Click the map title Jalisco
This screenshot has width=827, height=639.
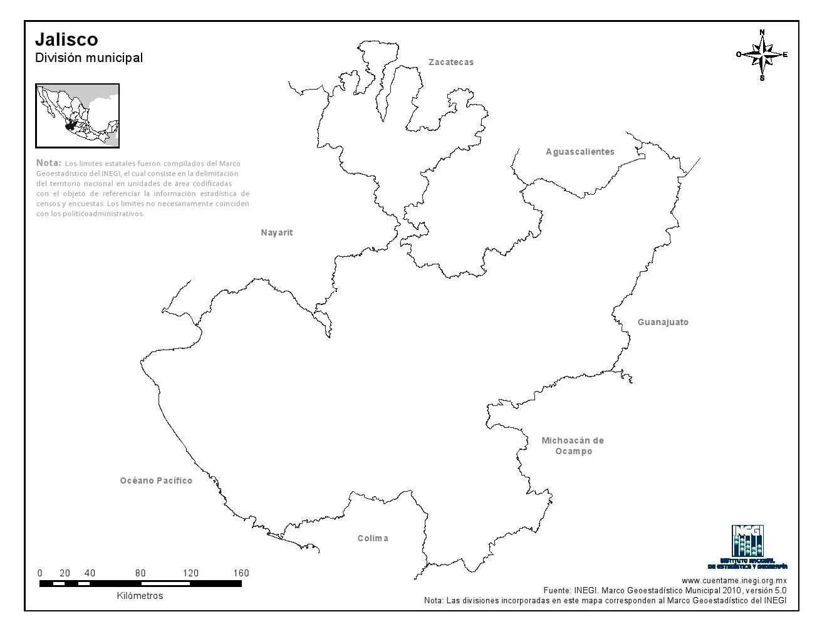(66, 39)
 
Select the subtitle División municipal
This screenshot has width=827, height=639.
(89, 58)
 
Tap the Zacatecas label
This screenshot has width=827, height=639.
(451, 62)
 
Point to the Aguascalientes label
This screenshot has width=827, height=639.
(580, 152)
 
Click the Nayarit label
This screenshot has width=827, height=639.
(277, 232)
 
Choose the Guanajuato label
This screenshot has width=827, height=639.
(663, 322)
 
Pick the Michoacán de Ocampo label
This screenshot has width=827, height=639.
(573, 445)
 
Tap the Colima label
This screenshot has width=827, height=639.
(373, 538)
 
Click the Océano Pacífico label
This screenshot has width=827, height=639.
(156, 481)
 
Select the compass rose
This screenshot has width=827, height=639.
(762, 55)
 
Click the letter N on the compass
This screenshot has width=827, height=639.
(762, 32)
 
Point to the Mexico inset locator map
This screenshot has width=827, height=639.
(78, 116)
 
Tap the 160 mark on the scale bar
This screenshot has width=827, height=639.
(241, 573)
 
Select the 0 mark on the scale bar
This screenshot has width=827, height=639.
(40, 573)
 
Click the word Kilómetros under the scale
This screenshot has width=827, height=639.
(140, 596)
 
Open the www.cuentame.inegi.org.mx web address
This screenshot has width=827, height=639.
(734, 581)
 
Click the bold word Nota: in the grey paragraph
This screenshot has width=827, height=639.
(49, 163)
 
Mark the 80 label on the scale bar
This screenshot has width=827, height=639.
(140, 573)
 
